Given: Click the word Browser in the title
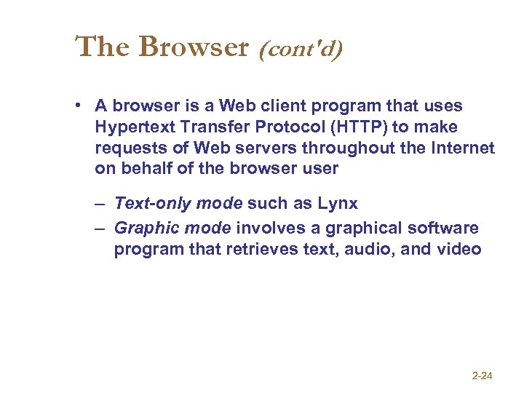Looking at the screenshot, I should [194, 47].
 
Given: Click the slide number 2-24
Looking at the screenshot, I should [483, 376].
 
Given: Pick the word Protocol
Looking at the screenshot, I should [289, 127].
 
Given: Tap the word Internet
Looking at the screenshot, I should [464, 148].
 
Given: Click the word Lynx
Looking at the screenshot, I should [338, 203].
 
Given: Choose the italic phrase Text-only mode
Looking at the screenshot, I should [178, 203].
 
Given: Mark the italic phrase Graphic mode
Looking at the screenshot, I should [172, 229].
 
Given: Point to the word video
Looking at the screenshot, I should [458, 250].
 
